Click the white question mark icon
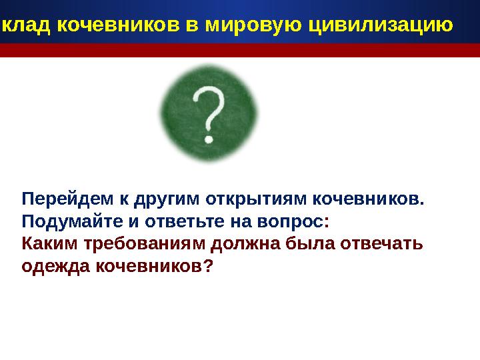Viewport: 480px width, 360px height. [x=209, y=114]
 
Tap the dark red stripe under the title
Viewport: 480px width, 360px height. [x=240, y=51]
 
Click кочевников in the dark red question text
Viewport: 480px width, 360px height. [x=154, y=266]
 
